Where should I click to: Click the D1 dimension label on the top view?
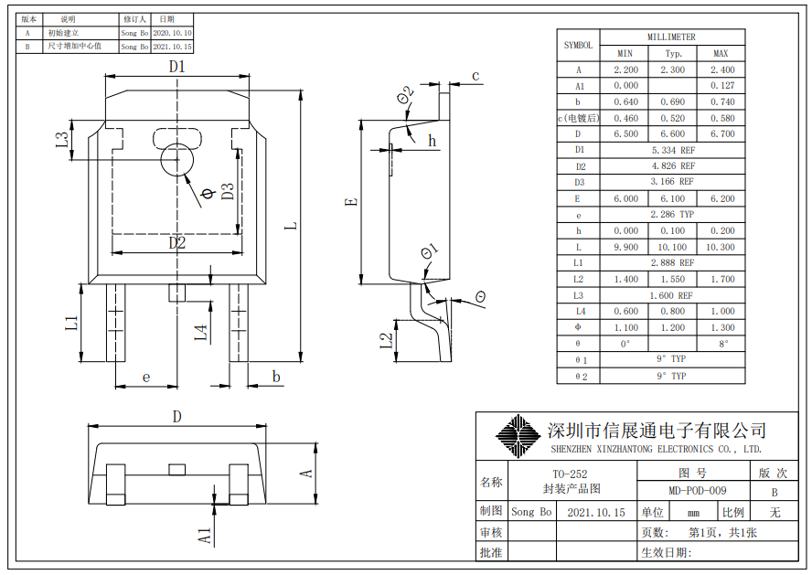point(177,66)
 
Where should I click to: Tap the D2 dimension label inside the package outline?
point(177,242)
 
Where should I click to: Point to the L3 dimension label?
point(61,139)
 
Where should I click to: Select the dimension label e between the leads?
point(145,378)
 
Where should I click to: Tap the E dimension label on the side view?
point(351,202)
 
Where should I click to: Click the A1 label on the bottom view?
point(206,534)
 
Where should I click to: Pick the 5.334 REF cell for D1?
point(672,150)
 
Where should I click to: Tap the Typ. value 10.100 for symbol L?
point(672,247)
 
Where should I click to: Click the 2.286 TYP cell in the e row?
point(672,215)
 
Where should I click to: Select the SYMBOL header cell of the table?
point(578,45)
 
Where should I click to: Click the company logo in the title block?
point(518,436)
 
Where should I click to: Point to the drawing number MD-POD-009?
point(698,491)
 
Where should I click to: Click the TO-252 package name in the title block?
point(570,474)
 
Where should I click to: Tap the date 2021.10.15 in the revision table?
point(172,46)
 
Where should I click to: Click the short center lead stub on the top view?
point(177,293)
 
